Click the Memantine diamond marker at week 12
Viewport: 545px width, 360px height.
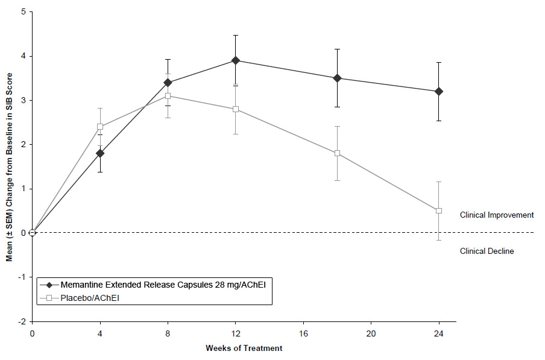point(235,60)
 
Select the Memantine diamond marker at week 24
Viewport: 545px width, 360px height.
point(438,91)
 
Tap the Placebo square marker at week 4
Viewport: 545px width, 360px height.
point(99,127)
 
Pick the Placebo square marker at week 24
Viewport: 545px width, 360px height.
point(438,210)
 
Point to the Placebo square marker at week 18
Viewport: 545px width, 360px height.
point(337,153)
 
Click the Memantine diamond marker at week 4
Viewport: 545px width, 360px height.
point(99,153)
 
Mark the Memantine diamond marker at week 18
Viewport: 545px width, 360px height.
point(337,78)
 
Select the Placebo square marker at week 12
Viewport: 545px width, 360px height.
point(235,109)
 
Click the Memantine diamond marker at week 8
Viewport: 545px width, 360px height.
point(168,83)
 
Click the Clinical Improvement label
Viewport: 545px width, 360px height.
point(496,215)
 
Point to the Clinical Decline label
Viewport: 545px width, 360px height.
point(487,251)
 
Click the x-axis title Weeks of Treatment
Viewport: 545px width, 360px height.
point(244,348)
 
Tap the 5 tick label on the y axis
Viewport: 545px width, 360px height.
point(22,12)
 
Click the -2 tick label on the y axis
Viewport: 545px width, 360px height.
point(21,321)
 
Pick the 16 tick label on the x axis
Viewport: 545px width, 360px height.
point(303,332)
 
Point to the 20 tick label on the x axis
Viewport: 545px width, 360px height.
point(371,332)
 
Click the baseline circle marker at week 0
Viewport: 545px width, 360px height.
point(33,233)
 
